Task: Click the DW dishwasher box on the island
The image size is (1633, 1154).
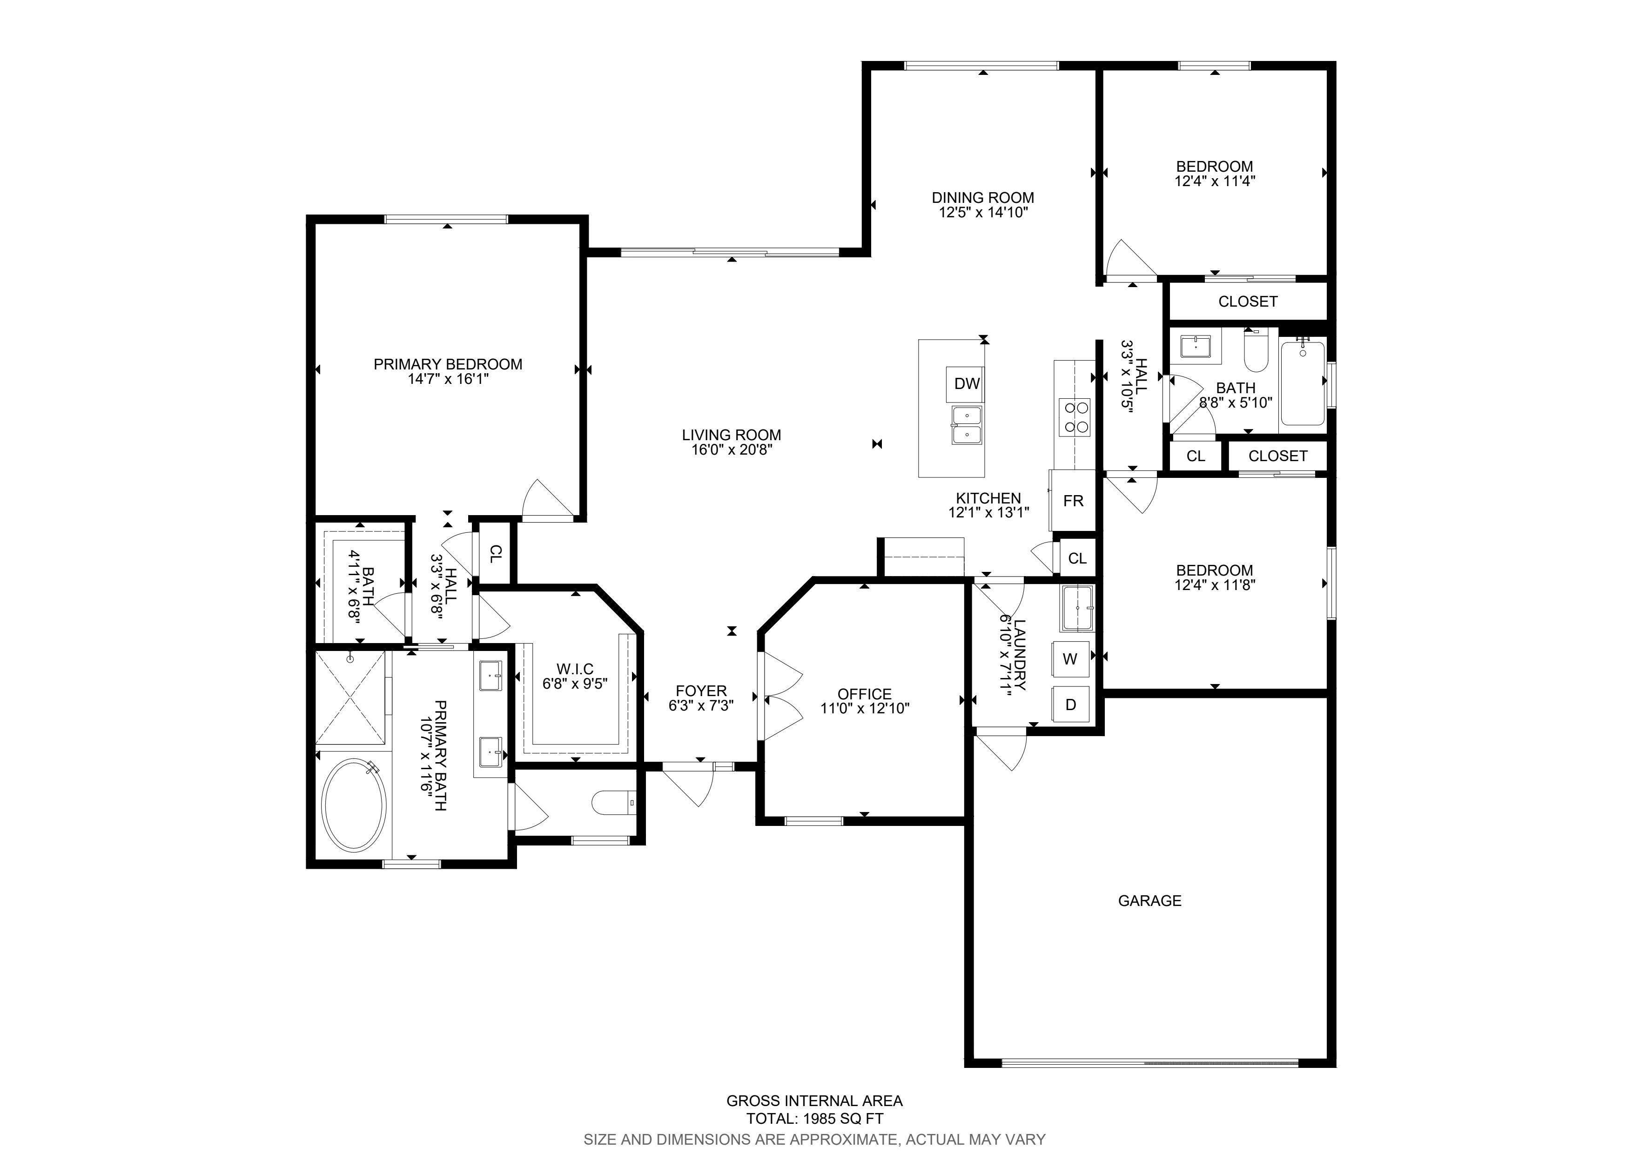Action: click(967, 384)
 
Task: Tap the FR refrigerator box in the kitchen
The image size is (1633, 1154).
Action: click(1073, 501)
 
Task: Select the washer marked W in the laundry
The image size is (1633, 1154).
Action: click(1070, 659)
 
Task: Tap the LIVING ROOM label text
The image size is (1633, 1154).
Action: click(731, 435)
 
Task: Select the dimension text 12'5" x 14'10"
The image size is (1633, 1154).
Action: click(983, 212)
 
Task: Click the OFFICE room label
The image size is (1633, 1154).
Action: click(864, 694)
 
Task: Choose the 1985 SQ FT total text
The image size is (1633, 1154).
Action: click(814, 1119)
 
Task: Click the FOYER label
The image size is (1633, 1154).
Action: click(701, 691)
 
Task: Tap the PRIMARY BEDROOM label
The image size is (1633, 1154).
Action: click(448, 364)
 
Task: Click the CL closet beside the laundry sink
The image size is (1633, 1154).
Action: click(1077, 558)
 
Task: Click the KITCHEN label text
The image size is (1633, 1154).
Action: click(988, 498)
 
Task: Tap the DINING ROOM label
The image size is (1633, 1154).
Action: click(983, 198)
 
